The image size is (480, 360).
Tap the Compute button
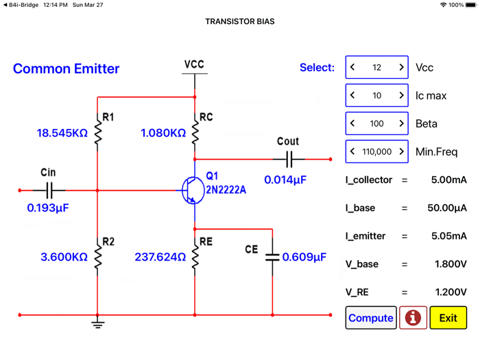(x=370, y=318)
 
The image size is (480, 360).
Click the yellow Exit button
(x=448, y=318)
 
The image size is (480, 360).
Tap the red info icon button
(x=413, y=318)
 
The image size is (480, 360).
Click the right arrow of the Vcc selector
(x=401, y=68)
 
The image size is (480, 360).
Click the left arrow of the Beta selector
(x=352, y=124)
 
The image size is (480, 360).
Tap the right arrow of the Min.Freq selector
(x=401, y=152)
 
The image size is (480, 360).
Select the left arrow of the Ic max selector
(x=352, y=96)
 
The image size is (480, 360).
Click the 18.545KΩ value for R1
(x=62, y=133)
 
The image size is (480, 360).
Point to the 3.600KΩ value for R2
(x=64, y=257)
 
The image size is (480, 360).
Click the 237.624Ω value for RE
(x=160, y=257)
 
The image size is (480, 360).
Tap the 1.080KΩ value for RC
(x=163, y=133)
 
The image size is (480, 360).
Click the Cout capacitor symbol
(x=289, y=159)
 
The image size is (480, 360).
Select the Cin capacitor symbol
(x=49, y=190)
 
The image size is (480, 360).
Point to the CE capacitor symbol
(x=272, y=257)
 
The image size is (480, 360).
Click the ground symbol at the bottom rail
(x=98, y=323)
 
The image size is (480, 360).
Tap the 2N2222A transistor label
(x=226, y=190)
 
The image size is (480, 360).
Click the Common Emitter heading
(x=66, y=69)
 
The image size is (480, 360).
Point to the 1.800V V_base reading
(x=451, y=264)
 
